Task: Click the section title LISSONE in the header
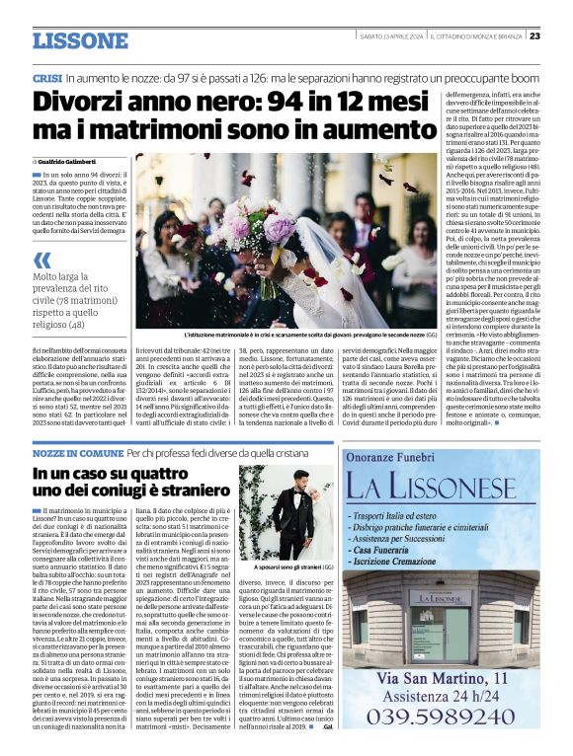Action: click(x=80, y=40)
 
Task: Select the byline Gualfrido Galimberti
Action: click(x=73, y=161)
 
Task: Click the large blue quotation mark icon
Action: click(x=42, y=261)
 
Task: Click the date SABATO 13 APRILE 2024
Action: click(x=392, y=36)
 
